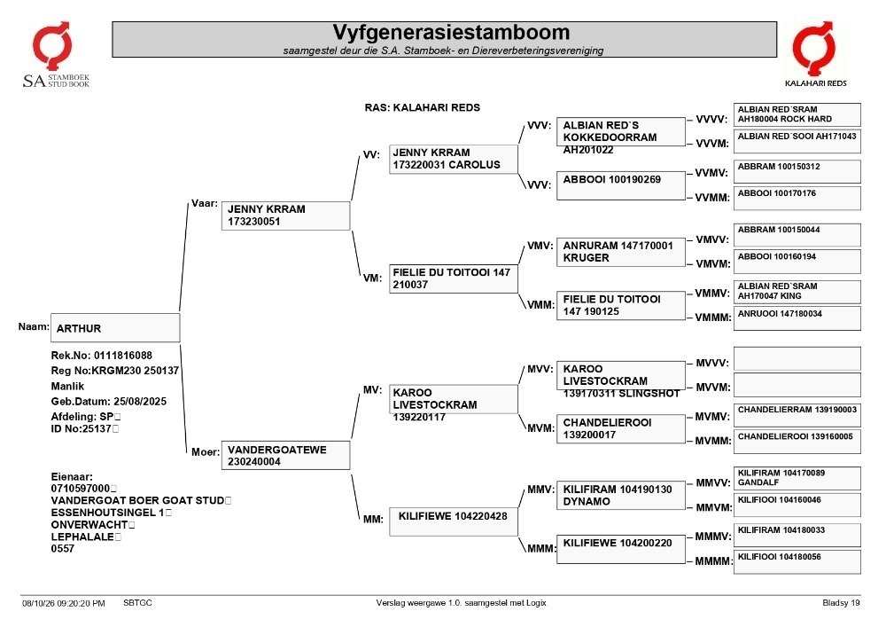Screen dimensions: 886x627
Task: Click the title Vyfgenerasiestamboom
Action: coord(451,32)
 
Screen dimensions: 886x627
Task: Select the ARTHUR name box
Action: coord(115,328)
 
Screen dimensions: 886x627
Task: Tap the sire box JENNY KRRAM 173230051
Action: coord(285,216)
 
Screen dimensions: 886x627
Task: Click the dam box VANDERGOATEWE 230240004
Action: coord(285,455)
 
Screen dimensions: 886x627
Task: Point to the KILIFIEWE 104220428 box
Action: coord(453,521)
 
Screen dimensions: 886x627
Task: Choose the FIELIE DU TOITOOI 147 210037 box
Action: coord(453,278)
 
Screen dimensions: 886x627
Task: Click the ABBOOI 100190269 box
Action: coord(620,185)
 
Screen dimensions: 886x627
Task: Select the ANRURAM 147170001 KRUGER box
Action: coord(620,252)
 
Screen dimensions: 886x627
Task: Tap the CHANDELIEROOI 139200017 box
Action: coord(620,428)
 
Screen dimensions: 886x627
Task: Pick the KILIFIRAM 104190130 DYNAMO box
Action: coord(620,495)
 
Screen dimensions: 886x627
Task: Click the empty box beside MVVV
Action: coord(797,359)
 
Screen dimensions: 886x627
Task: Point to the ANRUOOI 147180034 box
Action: coord(797,318)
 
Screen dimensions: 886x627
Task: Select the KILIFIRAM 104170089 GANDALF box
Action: coord(797,478)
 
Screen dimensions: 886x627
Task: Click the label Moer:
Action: coord(206,451)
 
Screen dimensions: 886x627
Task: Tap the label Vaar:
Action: coord(205,204)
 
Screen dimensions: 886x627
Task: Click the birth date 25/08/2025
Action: coord(140,402)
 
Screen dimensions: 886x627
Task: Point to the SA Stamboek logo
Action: coord(55,55)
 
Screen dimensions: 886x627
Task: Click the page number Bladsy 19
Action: coord(841,603)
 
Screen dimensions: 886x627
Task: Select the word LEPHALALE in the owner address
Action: coord(82,537)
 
